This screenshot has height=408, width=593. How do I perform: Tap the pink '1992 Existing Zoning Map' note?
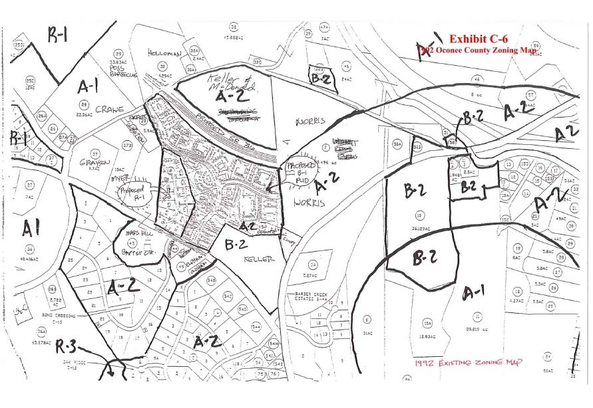coord(468,362)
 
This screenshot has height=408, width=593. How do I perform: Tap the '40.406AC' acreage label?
coord(28,259)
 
